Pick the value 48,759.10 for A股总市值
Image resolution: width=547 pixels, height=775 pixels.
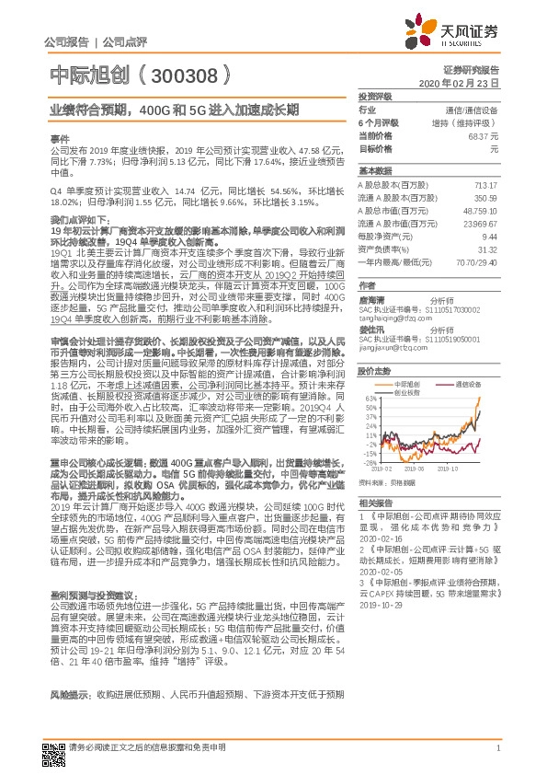482,209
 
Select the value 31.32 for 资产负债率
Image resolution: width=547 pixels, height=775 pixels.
487,248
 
